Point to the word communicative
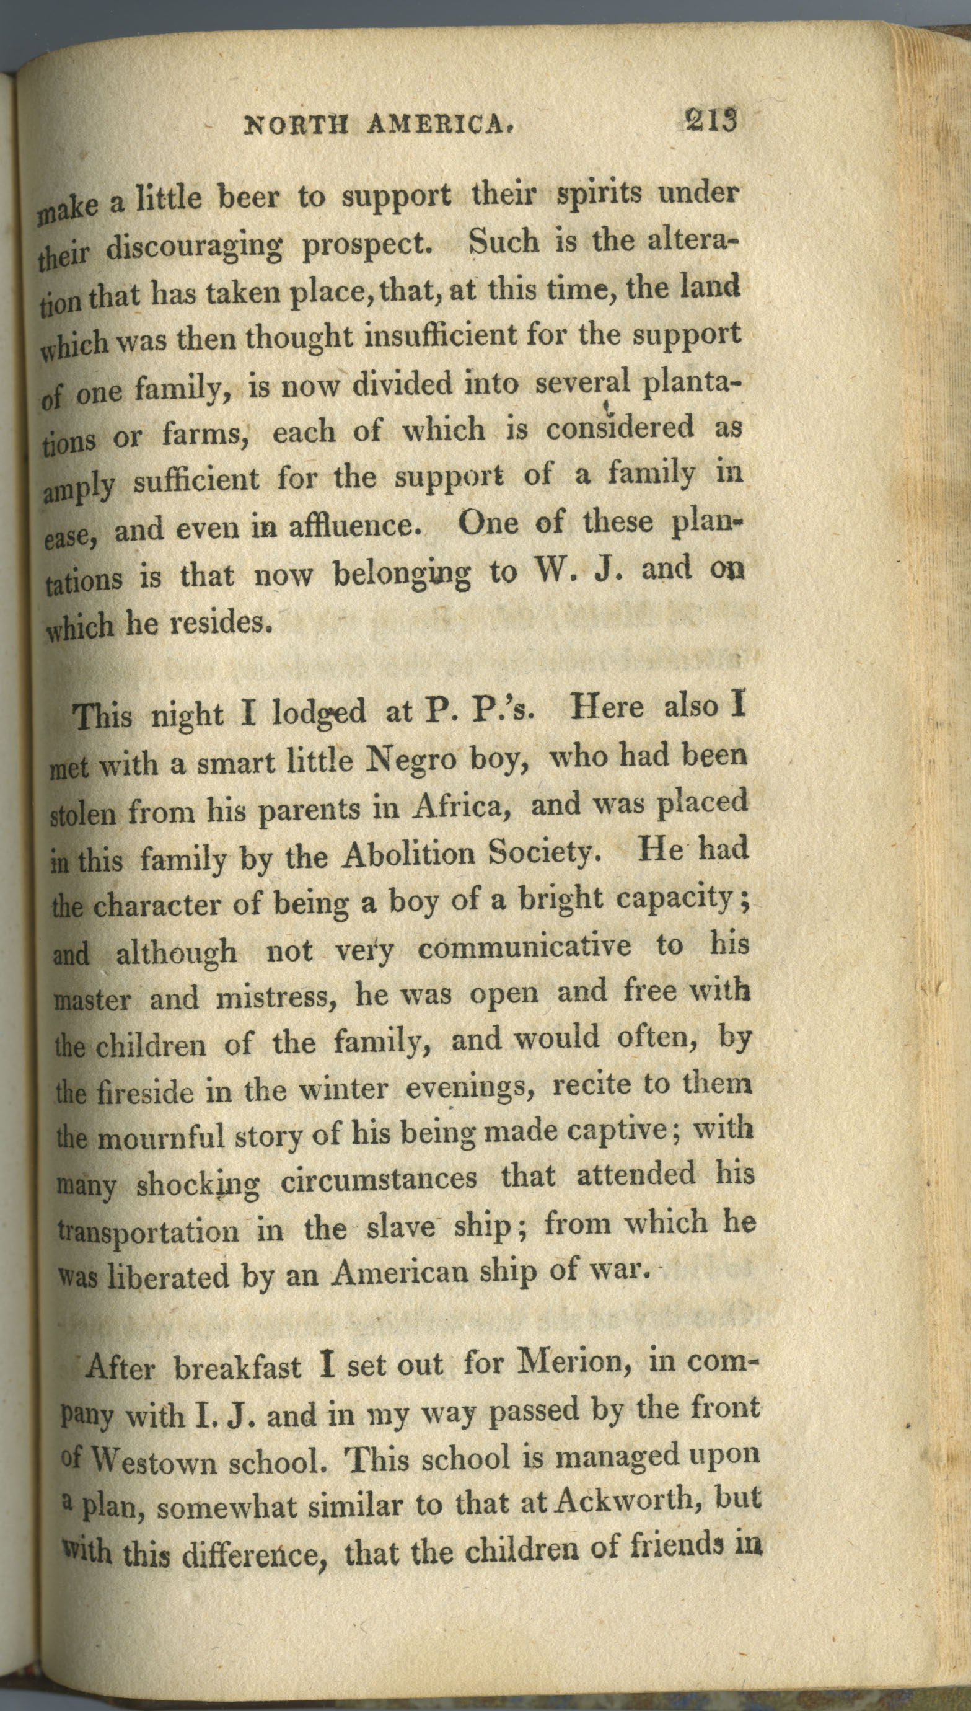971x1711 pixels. click(x=524, y=948)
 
